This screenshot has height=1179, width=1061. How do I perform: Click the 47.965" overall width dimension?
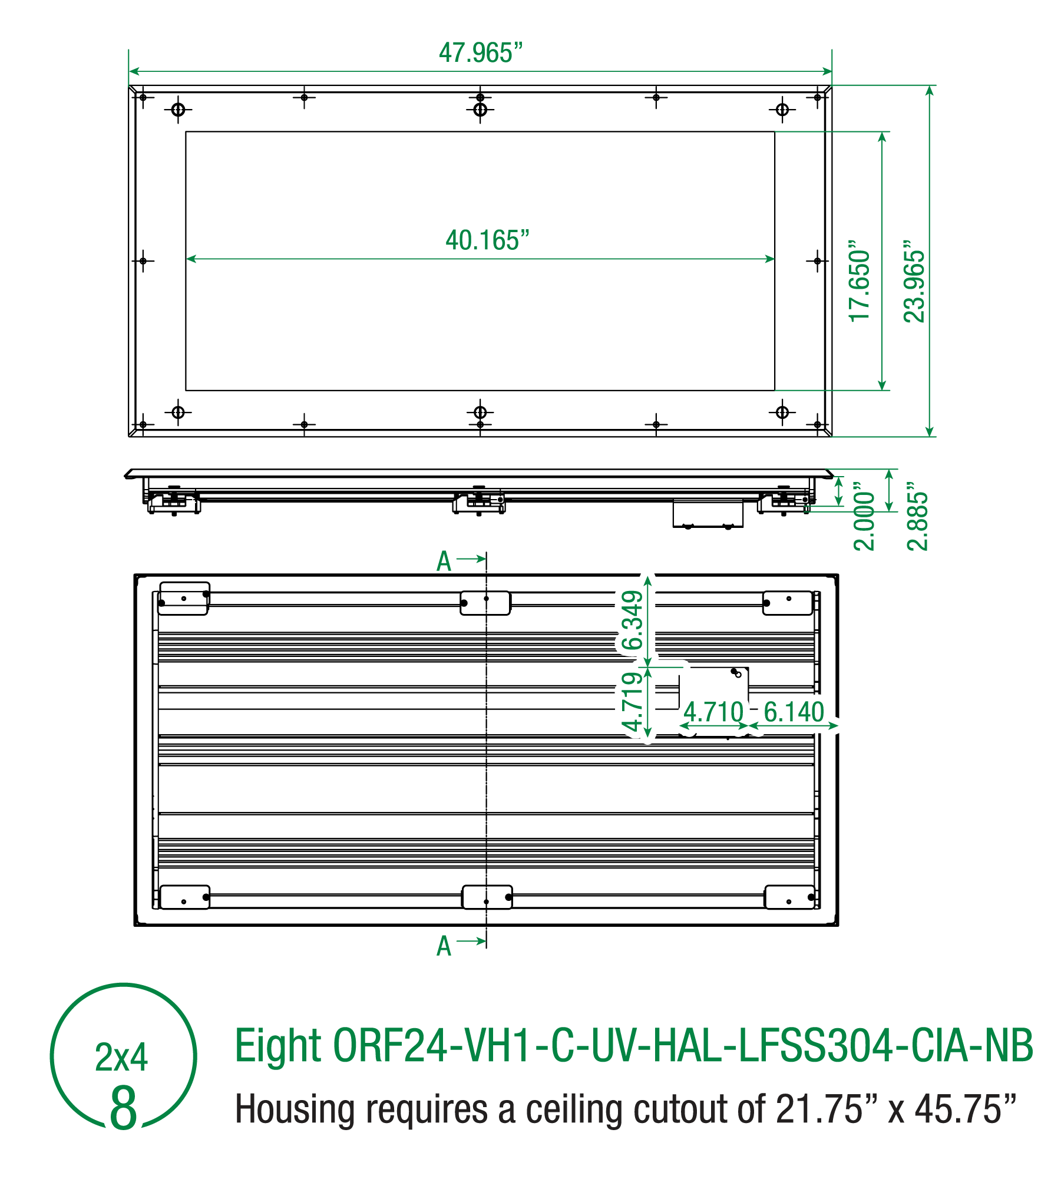481,53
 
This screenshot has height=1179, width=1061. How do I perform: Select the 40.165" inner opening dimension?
487,240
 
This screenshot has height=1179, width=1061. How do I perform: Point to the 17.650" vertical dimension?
860,281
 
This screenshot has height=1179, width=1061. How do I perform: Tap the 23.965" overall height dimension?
914,281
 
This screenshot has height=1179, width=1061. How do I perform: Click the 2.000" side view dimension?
864,516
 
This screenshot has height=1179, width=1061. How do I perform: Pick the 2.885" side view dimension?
917,516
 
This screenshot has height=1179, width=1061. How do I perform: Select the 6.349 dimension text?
632,620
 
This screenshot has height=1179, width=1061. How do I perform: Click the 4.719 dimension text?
632,702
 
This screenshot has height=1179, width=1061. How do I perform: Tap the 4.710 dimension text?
713,712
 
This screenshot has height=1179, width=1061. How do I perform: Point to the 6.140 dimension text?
794,712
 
